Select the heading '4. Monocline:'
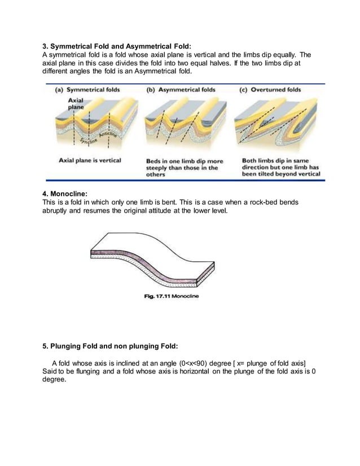(67, 194)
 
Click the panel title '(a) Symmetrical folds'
(90, 89)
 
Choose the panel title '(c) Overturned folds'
(270, 89)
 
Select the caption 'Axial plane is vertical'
(90, 160)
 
